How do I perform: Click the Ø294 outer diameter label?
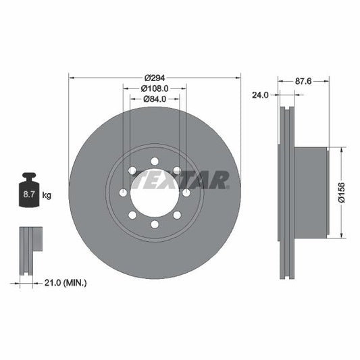(154, 78)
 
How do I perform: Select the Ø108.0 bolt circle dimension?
(154, 88)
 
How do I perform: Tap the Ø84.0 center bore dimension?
(154, 99)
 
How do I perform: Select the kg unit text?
(47, 195)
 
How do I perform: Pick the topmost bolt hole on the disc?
(154, 161)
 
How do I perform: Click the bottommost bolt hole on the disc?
(154, 224)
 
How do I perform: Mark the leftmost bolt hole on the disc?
(123, 192)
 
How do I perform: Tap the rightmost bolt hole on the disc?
(185, 192)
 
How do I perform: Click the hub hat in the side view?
(311, 192)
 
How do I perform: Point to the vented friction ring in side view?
(285, 192)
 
